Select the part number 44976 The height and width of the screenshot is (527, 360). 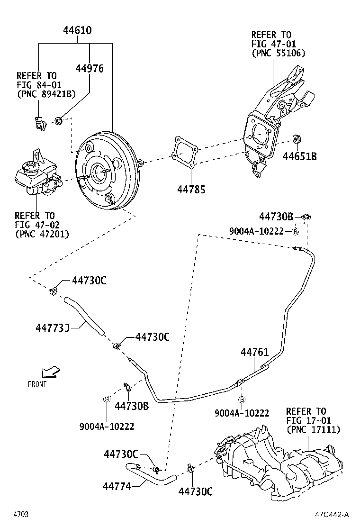tap(90, 68)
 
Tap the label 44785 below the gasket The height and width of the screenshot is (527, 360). tap(191, 190)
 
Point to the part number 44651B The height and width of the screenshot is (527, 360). tap(300, 156)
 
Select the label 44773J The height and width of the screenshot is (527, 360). tap(53, 327)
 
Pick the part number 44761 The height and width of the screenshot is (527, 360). tap(254, 352)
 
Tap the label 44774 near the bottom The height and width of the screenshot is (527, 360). tap(117, 486)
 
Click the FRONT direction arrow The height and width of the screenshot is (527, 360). tap(50, 372)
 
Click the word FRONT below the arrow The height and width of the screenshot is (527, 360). tap(37, 384)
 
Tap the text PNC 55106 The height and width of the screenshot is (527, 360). tap(278, 53)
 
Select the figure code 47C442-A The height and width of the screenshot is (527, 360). tap(333, 515)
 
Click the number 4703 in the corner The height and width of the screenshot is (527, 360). tap(21, 515)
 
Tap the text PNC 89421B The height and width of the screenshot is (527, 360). tap(46, 94)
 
